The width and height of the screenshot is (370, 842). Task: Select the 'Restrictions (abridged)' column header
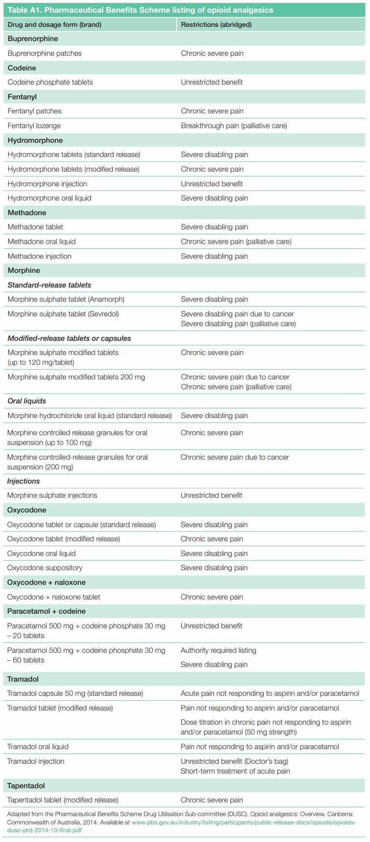(216, 24)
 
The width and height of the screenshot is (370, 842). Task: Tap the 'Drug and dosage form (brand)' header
(54, 24)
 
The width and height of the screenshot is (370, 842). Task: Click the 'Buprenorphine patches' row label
(45, 53)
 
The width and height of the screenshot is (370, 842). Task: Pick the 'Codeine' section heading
(22, 68)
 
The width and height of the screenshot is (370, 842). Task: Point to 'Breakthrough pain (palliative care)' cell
(234, 126)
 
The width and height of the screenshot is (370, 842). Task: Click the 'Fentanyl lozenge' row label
(34, 126)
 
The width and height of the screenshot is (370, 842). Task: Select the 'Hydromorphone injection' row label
(47, 184)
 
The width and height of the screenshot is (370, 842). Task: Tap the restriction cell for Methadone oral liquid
(236, 242)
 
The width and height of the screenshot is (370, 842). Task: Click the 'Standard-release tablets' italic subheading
(49, 285)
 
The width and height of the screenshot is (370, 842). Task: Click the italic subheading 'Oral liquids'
(27, 401)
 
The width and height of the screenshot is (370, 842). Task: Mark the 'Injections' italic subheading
(23, 481)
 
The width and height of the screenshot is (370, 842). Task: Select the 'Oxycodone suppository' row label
(45, 568)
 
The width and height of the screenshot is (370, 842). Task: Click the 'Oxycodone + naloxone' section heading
(46, 582)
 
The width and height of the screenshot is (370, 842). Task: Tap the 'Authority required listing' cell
(218, 650)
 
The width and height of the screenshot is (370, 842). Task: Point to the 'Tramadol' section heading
(23, 679)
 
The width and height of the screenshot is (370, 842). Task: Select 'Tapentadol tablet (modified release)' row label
(63, 800)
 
